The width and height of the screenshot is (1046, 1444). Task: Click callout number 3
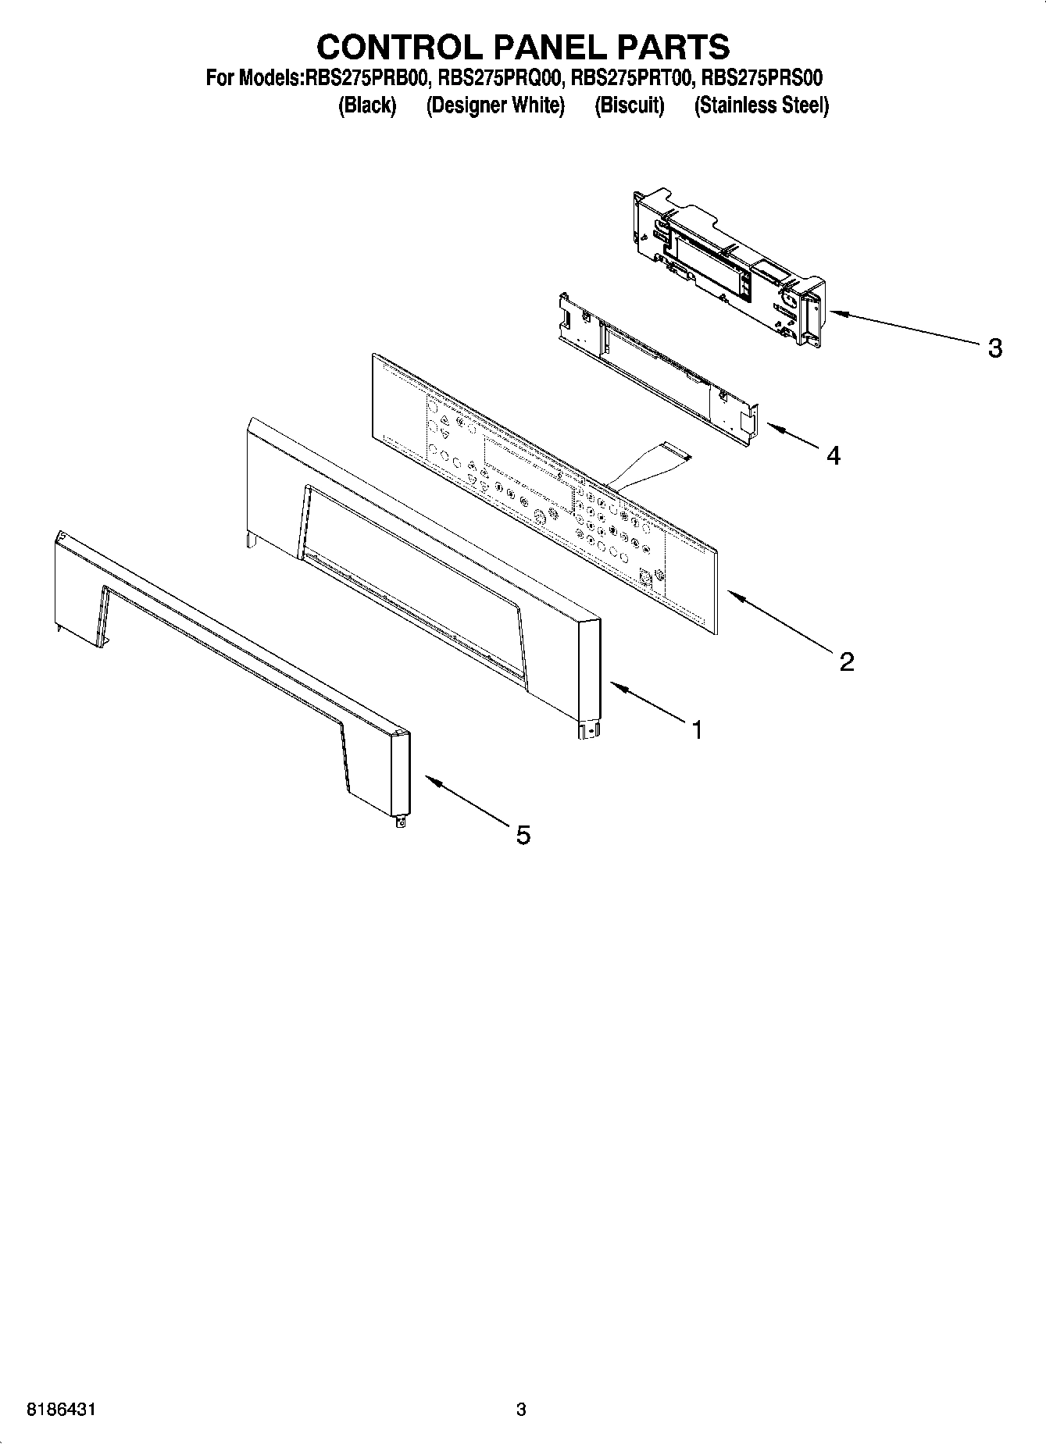pos(994,348)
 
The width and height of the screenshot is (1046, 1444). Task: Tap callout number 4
pos(834,455)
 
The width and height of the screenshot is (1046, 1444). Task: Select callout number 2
pos(847,662)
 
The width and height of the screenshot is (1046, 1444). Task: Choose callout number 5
pos(523,836)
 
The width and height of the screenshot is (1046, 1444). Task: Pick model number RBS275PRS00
pos(762,78)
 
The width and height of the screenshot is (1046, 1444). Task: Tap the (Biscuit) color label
pos(629,105)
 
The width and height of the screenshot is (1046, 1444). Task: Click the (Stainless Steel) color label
pos(762,105)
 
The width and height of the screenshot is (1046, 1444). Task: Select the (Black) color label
pos(367,105)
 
